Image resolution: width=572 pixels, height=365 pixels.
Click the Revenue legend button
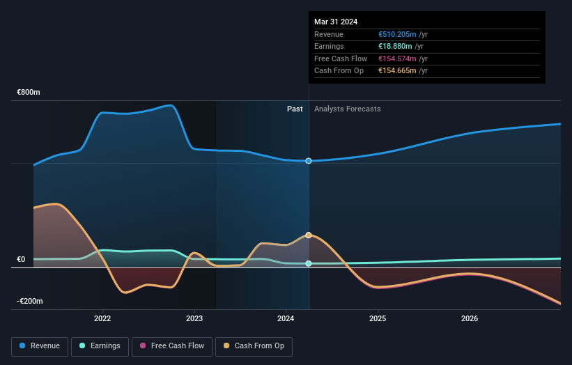[x=40, y=345]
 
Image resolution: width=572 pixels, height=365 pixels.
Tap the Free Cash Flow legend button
[x=171, y=345]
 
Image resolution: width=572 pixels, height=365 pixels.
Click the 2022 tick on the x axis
[x=102, y=319]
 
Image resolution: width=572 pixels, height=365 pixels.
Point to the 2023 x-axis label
[x=194, y=319]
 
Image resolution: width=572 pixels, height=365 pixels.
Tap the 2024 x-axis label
[x=286, y=319]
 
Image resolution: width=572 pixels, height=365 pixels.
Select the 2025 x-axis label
[x=378, y=319]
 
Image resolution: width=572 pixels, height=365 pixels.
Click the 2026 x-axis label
[x=470, y=319]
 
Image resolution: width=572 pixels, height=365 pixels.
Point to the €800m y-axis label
[x=29, y=93]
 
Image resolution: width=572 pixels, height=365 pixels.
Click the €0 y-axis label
[x=21, y=260]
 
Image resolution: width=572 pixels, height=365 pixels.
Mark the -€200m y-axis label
[x=29, y=302]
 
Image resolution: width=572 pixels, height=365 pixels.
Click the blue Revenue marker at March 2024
[x=309, y=161]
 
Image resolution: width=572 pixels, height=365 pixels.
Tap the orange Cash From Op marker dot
[x=309, y=235]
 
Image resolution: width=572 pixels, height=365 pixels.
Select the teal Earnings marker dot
[x=309, y=263]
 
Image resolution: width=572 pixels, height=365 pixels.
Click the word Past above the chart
[x=295, y=109]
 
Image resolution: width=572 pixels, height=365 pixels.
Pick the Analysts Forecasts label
[x=348, y=109]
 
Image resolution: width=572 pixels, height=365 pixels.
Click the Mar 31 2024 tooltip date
[x=336, y=22]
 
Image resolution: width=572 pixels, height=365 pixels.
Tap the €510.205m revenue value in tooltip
[x=397, y=34]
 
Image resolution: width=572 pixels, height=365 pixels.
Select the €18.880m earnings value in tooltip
[x=395, y=47]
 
